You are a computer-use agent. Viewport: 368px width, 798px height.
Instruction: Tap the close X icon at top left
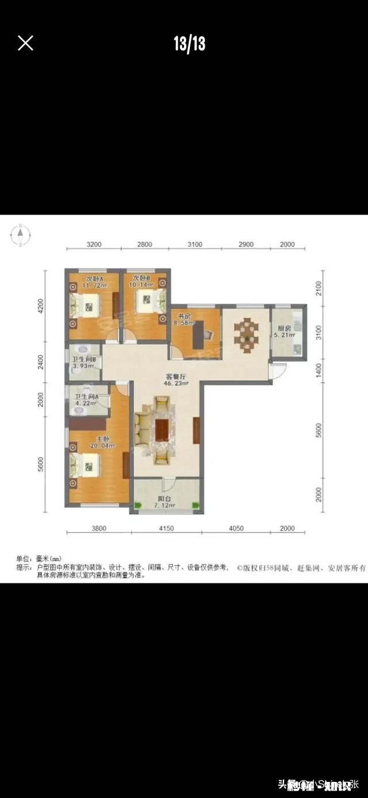pyautogui.click(x=25, y=43)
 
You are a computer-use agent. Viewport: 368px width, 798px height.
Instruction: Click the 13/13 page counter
pyautogui.click(x=189, y=44)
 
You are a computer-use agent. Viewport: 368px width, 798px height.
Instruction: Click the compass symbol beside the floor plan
pyautogui.click(x=20, y=234)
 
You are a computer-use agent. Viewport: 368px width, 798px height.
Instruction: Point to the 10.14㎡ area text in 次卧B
pyautogui.click(x=141, y=284)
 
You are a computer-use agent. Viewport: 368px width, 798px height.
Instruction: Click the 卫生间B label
pyautogui.click(x=83, y=361)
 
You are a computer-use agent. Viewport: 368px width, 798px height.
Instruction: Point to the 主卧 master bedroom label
pyautogui.click(x=103, y=438)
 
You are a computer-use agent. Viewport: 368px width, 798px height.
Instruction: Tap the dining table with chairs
pyautogui.click(x=246, y=333)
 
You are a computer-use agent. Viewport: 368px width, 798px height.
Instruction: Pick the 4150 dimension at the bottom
pyautogui.click(x=166, y=529)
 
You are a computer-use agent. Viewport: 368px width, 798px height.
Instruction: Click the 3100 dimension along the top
pyautogui.click(x=195, y=245)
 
